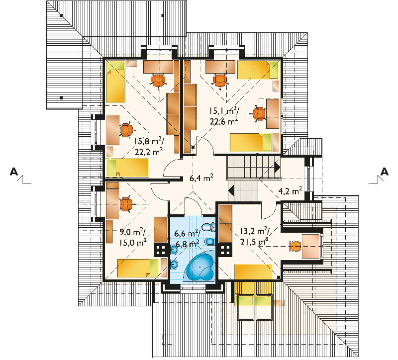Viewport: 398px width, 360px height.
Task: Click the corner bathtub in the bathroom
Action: [200, 266]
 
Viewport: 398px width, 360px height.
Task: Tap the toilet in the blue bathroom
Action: [208, 226]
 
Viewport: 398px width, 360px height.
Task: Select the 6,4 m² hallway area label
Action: [201, 178]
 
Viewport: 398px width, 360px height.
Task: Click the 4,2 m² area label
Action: [290, 190]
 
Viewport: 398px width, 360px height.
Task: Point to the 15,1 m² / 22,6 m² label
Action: [224, 116]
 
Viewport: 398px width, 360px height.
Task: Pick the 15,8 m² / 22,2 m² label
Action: [149, 146]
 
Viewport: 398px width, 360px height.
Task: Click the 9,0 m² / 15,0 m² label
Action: [132, 237]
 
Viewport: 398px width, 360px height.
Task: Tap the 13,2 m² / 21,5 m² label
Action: [255, 236]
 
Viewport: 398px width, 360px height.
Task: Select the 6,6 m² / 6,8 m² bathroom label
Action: [187, 238]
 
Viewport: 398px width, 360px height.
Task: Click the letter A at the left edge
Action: [14, 172]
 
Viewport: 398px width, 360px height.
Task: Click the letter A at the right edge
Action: [385, 172]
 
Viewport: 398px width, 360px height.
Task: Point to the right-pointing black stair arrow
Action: [277, 167]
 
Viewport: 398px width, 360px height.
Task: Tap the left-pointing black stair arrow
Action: [231, 190]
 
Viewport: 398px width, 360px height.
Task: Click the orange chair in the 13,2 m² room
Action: [296, 246]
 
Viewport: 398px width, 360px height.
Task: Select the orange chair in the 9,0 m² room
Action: [126, 204]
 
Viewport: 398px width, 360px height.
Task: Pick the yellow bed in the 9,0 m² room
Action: [138, 268]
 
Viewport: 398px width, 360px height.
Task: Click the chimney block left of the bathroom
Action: [161, 250]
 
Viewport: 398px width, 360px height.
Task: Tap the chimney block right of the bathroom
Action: [225, 250]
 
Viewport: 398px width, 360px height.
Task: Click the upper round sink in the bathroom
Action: [174, 250]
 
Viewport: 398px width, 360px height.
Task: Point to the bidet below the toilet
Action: [209, 241]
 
